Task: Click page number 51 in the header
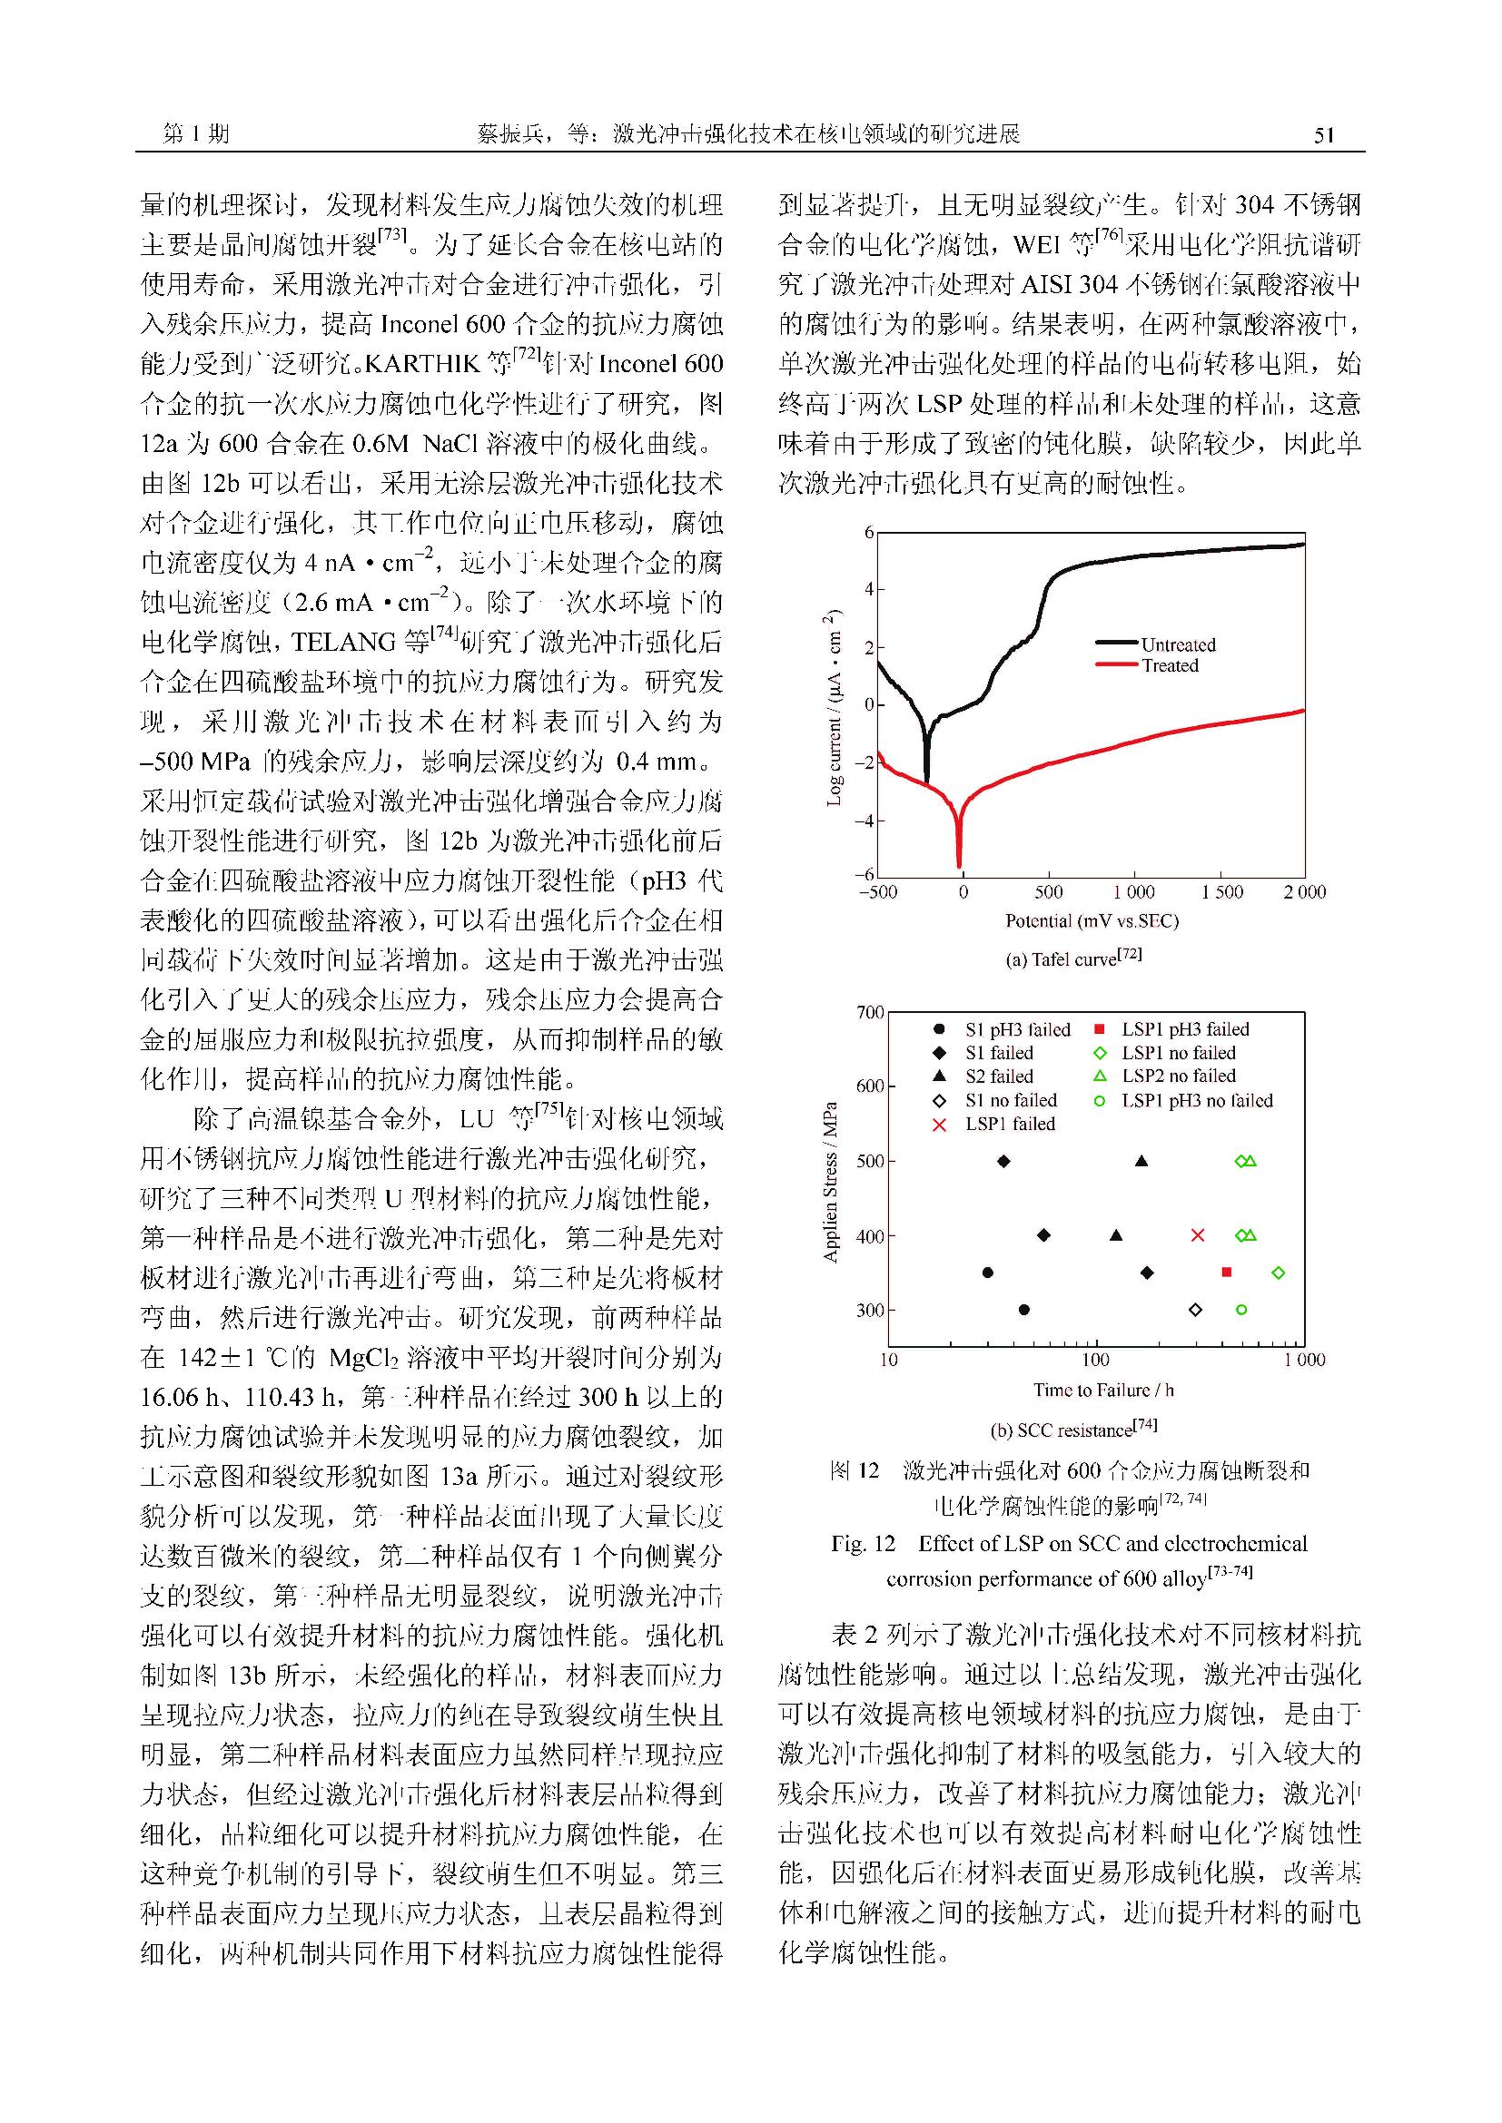(x=1323, y=135)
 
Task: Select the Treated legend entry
(x=1169, y=665)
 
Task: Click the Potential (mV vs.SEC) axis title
(x=1092, y=921)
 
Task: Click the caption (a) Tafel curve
(x=1072, y=958)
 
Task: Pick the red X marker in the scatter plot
(x=1198, y=1235)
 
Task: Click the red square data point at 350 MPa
(x=1226, y=1273)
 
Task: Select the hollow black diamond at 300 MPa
(x=1195, y=1310)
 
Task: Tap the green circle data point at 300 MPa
(x=1241, y=1310)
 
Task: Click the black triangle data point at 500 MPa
(x=1141, y=1162)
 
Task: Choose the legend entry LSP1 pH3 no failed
(x=1197, y=1100)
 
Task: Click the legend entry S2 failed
(x=999, y=1076)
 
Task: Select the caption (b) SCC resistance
(x=1072, y=1430)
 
